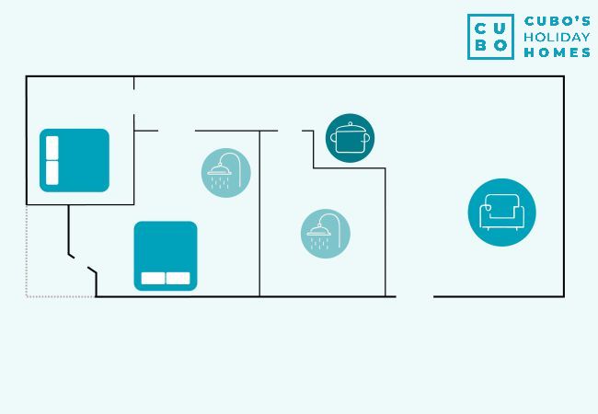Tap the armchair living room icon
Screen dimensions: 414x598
click(x=501, y=213)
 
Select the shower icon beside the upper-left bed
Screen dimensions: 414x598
click(x=226, y=173)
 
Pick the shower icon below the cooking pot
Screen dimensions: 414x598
click(x=326, y=234)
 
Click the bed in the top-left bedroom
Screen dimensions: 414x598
click(x=75, y=160)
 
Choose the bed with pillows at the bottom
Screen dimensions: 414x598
click(x=166, y=256)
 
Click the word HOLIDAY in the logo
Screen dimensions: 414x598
click(x=556, y=37)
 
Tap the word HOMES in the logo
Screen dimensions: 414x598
click(x=556, y=52)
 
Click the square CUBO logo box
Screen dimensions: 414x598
click(x=490, y=37)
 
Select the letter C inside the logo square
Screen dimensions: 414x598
click(x=480, y=27)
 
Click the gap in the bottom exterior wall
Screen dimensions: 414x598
click(x=414, y=296)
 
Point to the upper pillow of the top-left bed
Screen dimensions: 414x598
click(x=52, y=147)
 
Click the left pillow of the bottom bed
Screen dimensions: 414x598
click(x=153, y=278)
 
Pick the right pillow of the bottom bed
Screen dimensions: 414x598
click(x=178, y=278)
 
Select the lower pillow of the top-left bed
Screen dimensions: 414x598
click(x=52, y=173)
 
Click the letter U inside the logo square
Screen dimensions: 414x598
click(x=500, y=27)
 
